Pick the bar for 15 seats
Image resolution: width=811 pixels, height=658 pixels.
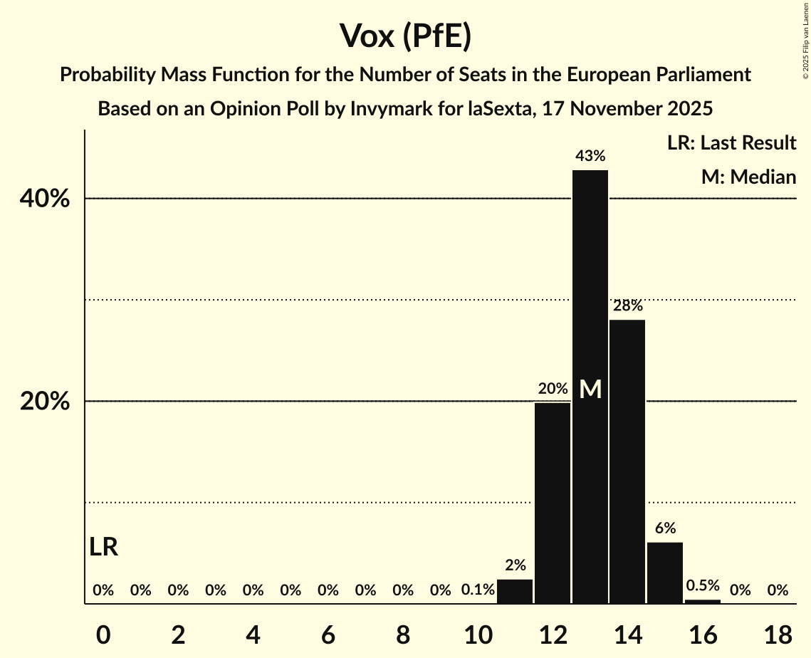(665, 573)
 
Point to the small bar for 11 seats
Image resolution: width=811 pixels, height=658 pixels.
(515, 592)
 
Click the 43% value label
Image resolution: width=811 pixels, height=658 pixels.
(590, 155)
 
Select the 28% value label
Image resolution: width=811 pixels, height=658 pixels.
(627, 306)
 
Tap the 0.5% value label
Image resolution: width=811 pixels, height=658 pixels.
(702, 585)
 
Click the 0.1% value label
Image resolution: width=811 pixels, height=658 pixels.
(478, 590)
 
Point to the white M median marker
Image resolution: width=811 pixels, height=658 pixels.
(590, 389)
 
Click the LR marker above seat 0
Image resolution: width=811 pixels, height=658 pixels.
(104, 547)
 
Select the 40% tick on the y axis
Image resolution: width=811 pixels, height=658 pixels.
(45, 199)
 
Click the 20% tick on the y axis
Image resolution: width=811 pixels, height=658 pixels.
(45, 402)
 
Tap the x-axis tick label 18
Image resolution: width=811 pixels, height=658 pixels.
(778, 634)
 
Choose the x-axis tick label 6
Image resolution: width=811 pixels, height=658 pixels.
(328, 634)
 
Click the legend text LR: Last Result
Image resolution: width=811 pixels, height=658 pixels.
(731, 143)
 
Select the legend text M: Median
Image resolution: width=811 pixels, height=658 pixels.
(748, 177)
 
